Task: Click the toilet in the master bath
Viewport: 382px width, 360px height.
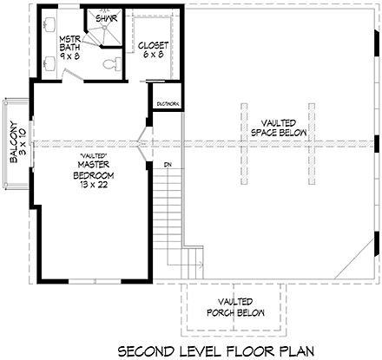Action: pyautogui.click(x=109, y=63)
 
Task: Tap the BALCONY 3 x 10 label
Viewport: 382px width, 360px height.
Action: pyautogui.click(x=12, y=141)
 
